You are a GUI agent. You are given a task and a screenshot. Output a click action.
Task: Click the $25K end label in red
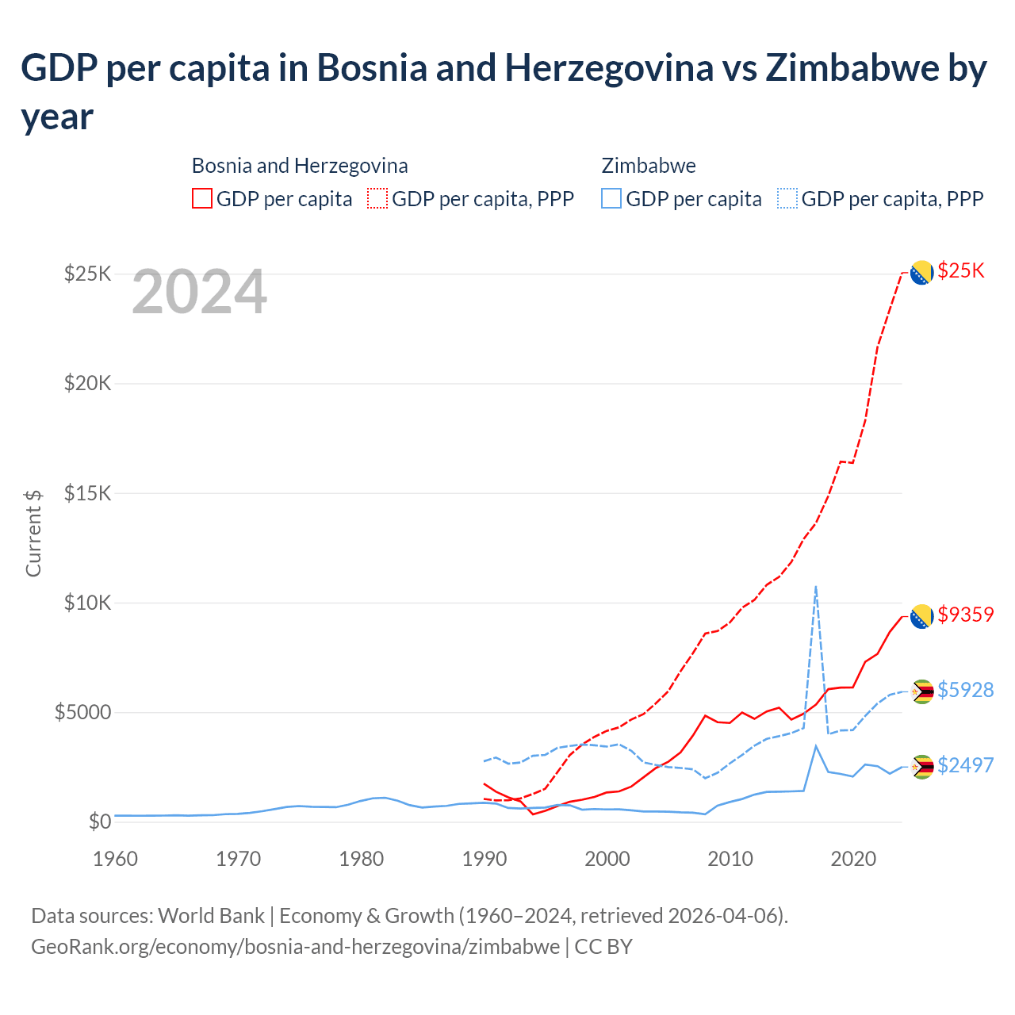960,271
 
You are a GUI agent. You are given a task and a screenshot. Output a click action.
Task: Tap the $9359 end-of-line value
965,615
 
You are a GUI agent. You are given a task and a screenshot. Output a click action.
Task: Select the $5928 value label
965,690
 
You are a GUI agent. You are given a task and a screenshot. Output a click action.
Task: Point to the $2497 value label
965,765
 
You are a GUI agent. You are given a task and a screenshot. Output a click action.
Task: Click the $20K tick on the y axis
88,384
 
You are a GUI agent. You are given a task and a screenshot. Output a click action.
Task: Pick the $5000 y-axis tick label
82,712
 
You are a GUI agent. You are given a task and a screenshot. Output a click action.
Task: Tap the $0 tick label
100,822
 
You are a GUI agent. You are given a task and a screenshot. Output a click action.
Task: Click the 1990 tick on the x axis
485,859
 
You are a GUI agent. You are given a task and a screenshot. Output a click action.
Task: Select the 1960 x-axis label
116,859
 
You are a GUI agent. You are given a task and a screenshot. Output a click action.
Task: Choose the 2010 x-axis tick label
730,859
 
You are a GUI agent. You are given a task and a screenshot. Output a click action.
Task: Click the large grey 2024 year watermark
199,293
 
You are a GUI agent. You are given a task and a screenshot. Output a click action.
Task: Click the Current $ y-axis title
33,533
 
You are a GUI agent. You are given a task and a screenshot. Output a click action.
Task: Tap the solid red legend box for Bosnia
202,198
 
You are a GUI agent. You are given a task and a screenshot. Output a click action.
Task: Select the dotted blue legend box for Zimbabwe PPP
787,198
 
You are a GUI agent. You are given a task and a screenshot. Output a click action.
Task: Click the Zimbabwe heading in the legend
649,166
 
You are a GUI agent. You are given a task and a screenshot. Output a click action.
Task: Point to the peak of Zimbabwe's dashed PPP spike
816,587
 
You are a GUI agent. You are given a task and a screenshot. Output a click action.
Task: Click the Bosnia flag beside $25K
921,273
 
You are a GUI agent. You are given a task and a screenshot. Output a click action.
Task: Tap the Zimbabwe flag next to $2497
921,767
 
